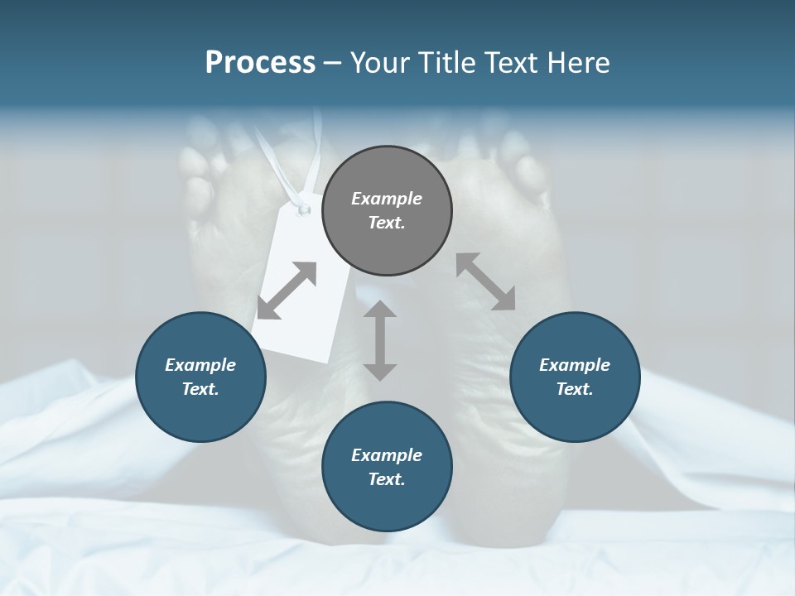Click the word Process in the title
click(260, 63)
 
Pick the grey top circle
click(387, 210)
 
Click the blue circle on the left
click(200, 377)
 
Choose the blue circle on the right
click(575, 377)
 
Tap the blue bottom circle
click(387, 467)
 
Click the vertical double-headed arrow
click(380, 340)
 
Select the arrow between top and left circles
click(287, 291)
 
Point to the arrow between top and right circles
click(485, 281)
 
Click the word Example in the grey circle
click(387, 199)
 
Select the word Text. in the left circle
click(200, 389)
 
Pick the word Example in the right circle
click(575, 365)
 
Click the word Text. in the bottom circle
click(387, 479)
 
